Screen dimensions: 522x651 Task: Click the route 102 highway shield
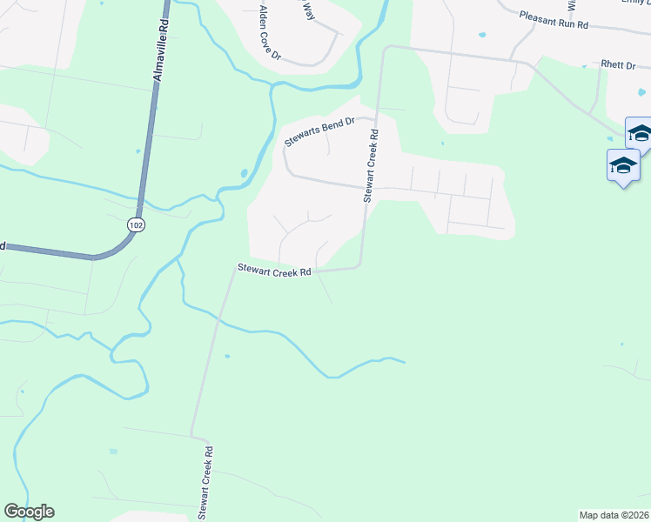pyautogui.click(x=134, y=224)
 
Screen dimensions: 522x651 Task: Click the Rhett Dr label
pyautogui.click(x=618, y=65)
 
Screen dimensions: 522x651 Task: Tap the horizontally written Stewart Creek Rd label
pyautogui.click(x=274, y=271)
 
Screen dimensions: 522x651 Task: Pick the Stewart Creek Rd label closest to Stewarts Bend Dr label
pyautogui.click(x=372, y=166)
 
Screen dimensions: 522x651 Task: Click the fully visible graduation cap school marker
pyautogui.click(x=623, y=165)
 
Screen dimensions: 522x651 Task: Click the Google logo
pyautogui.click(x=29, y=512)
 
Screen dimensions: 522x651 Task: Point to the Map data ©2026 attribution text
pyautogui.click(x=614, y=515)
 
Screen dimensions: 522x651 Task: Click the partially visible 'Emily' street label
pyautogui.click(x=635, y=3)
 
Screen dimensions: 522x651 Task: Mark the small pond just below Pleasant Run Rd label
pyautogui.click(x=481, y=36)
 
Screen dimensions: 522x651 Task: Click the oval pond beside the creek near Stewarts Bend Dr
pyautogui.click(x=244, y=172)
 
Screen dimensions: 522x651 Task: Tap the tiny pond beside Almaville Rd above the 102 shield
pyautogui.click(x=138, y=151)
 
